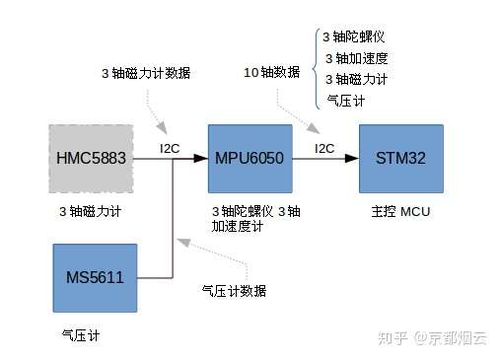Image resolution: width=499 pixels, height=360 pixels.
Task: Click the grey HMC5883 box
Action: (x=91, y=158)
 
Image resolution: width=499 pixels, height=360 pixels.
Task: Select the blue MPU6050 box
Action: (x=249, y=158)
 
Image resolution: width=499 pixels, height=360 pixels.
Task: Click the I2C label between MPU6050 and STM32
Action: (x=323, y=148)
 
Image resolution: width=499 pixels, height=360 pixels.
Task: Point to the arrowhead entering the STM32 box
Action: (x=353, y=158)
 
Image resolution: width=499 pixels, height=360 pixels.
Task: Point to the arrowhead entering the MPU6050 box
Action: (x=202, y=158)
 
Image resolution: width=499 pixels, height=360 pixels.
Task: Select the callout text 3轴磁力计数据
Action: (x=146, y=74)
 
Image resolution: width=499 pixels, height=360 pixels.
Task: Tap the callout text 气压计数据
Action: (x=234, y=291)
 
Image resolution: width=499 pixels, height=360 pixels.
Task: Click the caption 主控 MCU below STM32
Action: (x=400, y=211)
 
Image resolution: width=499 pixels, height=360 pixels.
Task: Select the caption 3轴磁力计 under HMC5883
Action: (x=90, y=211)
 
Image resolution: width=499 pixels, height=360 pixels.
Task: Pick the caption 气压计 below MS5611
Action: (x=81, y=335)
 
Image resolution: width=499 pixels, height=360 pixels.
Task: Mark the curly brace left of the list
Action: (x=315, y=67)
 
